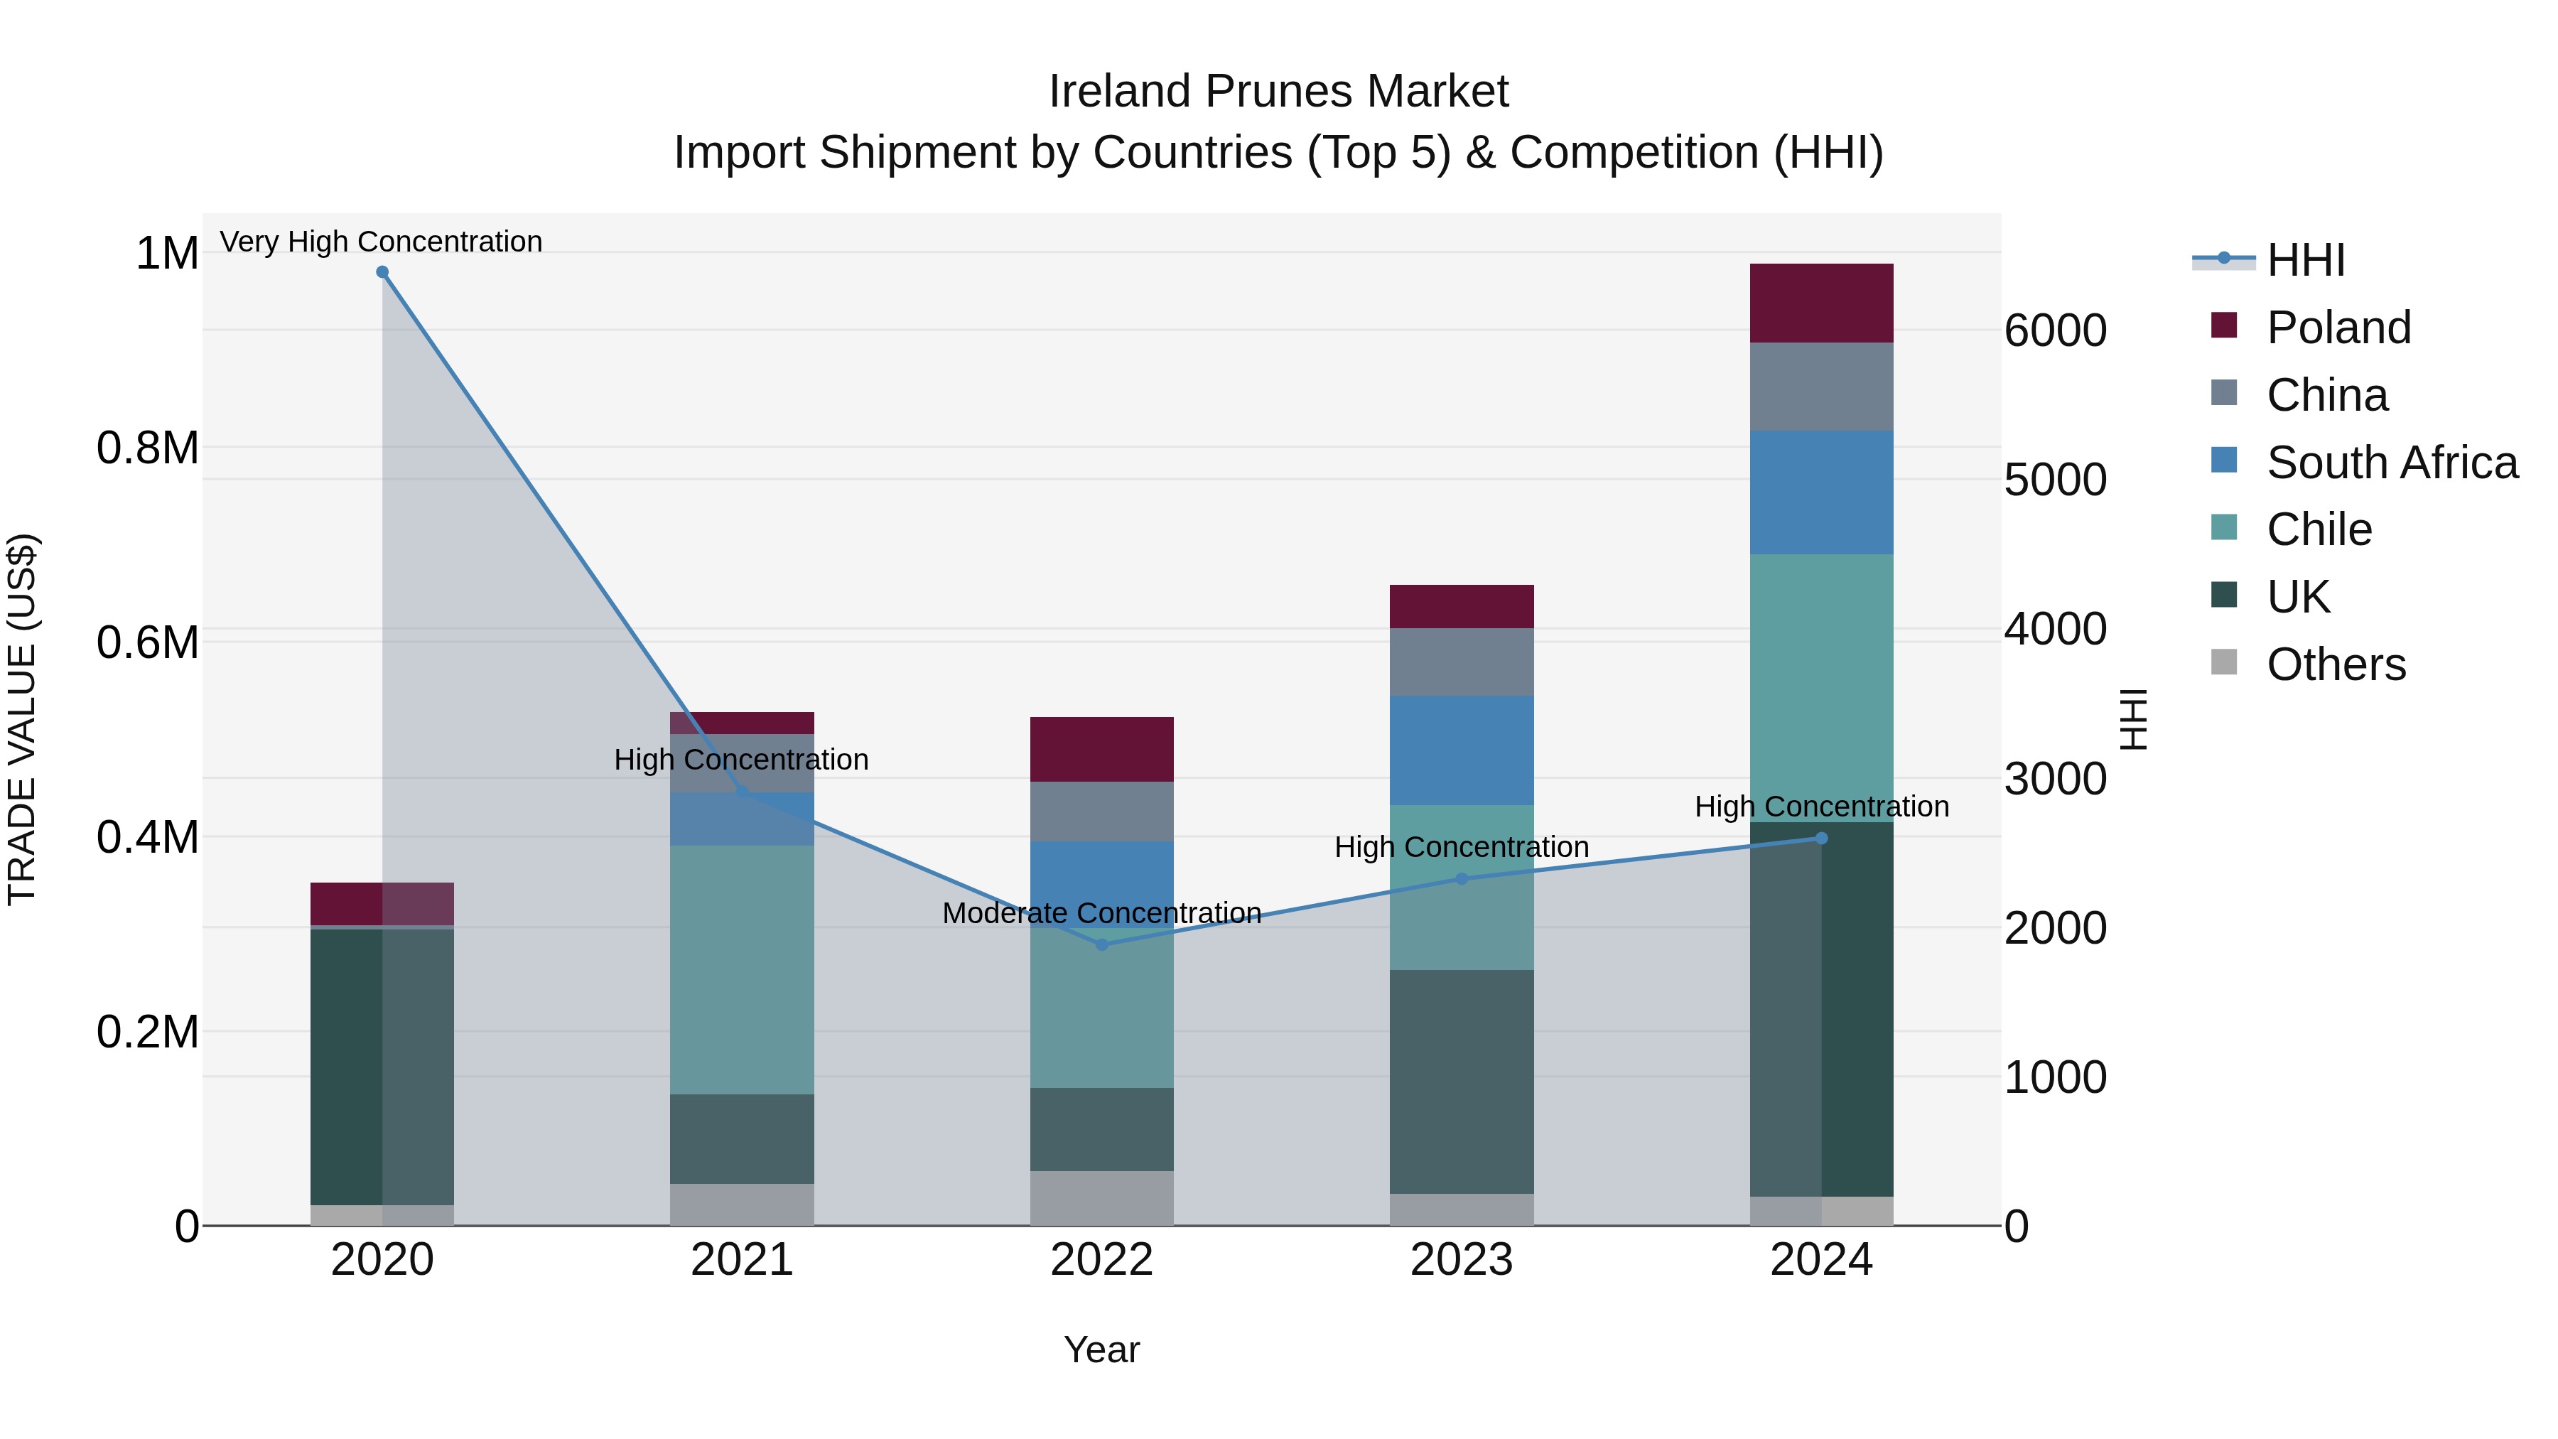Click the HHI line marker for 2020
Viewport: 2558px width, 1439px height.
click(382, 272)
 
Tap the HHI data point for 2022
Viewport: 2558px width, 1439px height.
click(1101, 944)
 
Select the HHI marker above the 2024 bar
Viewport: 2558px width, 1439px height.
click(1821, 839)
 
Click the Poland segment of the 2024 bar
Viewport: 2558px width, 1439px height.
click(1821, 303)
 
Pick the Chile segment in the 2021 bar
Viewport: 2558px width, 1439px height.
click(742, 969)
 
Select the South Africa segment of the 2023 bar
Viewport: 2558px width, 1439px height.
click(1461, 750)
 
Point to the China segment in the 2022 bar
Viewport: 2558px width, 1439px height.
click(1101, 812)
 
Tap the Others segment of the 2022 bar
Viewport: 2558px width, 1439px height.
click(1101, 1197)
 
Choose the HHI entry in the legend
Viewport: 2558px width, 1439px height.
click(2305, 260)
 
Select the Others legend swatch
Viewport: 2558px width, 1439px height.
click(2224, 662)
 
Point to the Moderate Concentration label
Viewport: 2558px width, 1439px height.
click(1101, 912)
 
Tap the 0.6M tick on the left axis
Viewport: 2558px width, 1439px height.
click(147, 642)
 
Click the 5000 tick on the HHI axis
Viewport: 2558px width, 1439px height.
click(2054, 480)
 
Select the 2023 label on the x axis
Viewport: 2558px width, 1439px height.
click(1461, 1260)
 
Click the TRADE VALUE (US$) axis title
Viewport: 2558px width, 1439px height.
click(22, 719)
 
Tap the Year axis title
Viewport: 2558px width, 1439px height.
click(1101, 1349)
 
